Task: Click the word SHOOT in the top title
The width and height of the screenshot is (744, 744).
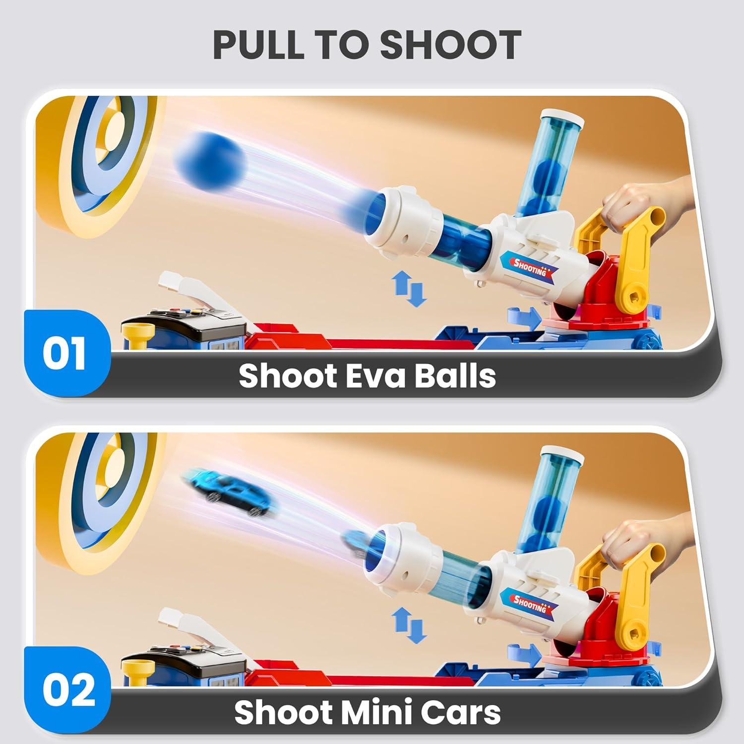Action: pos(450,45)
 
